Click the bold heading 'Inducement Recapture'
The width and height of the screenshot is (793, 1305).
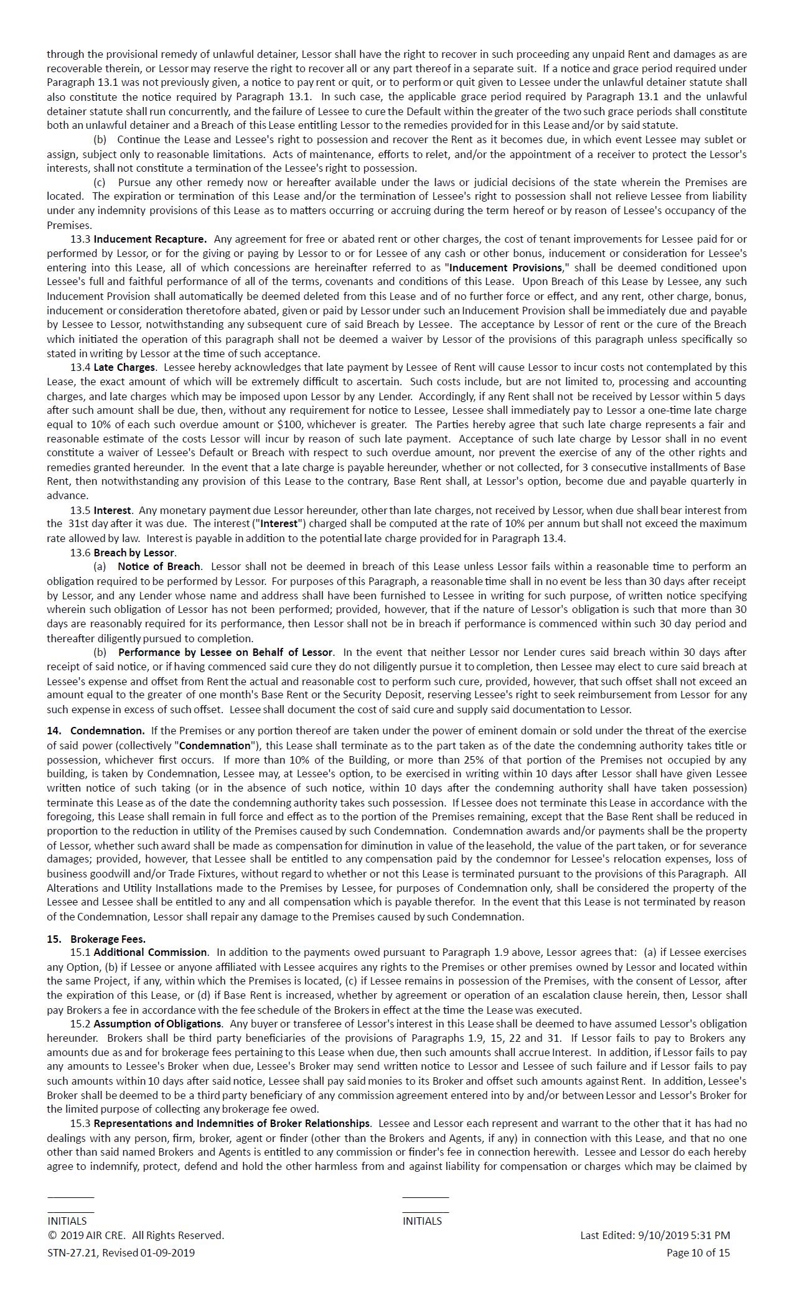150,239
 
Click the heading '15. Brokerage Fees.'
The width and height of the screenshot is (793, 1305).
96,939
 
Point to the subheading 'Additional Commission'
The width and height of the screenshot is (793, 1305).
150,952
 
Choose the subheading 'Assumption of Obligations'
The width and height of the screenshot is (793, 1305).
157,1024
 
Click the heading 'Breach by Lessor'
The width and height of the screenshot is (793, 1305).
134,553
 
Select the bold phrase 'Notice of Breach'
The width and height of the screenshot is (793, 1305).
159,566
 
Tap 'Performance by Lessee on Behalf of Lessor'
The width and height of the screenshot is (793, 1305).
225,652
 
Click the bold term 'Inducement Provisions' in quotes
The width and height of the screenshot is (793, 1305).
505,268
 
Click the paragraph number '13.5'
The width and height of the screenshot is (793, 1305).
80,510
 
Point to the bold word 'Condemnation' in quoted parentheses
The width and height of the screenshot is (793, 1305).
215,746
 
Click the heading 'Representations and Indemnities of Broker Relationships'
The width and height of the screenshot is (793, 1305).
232,1123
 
